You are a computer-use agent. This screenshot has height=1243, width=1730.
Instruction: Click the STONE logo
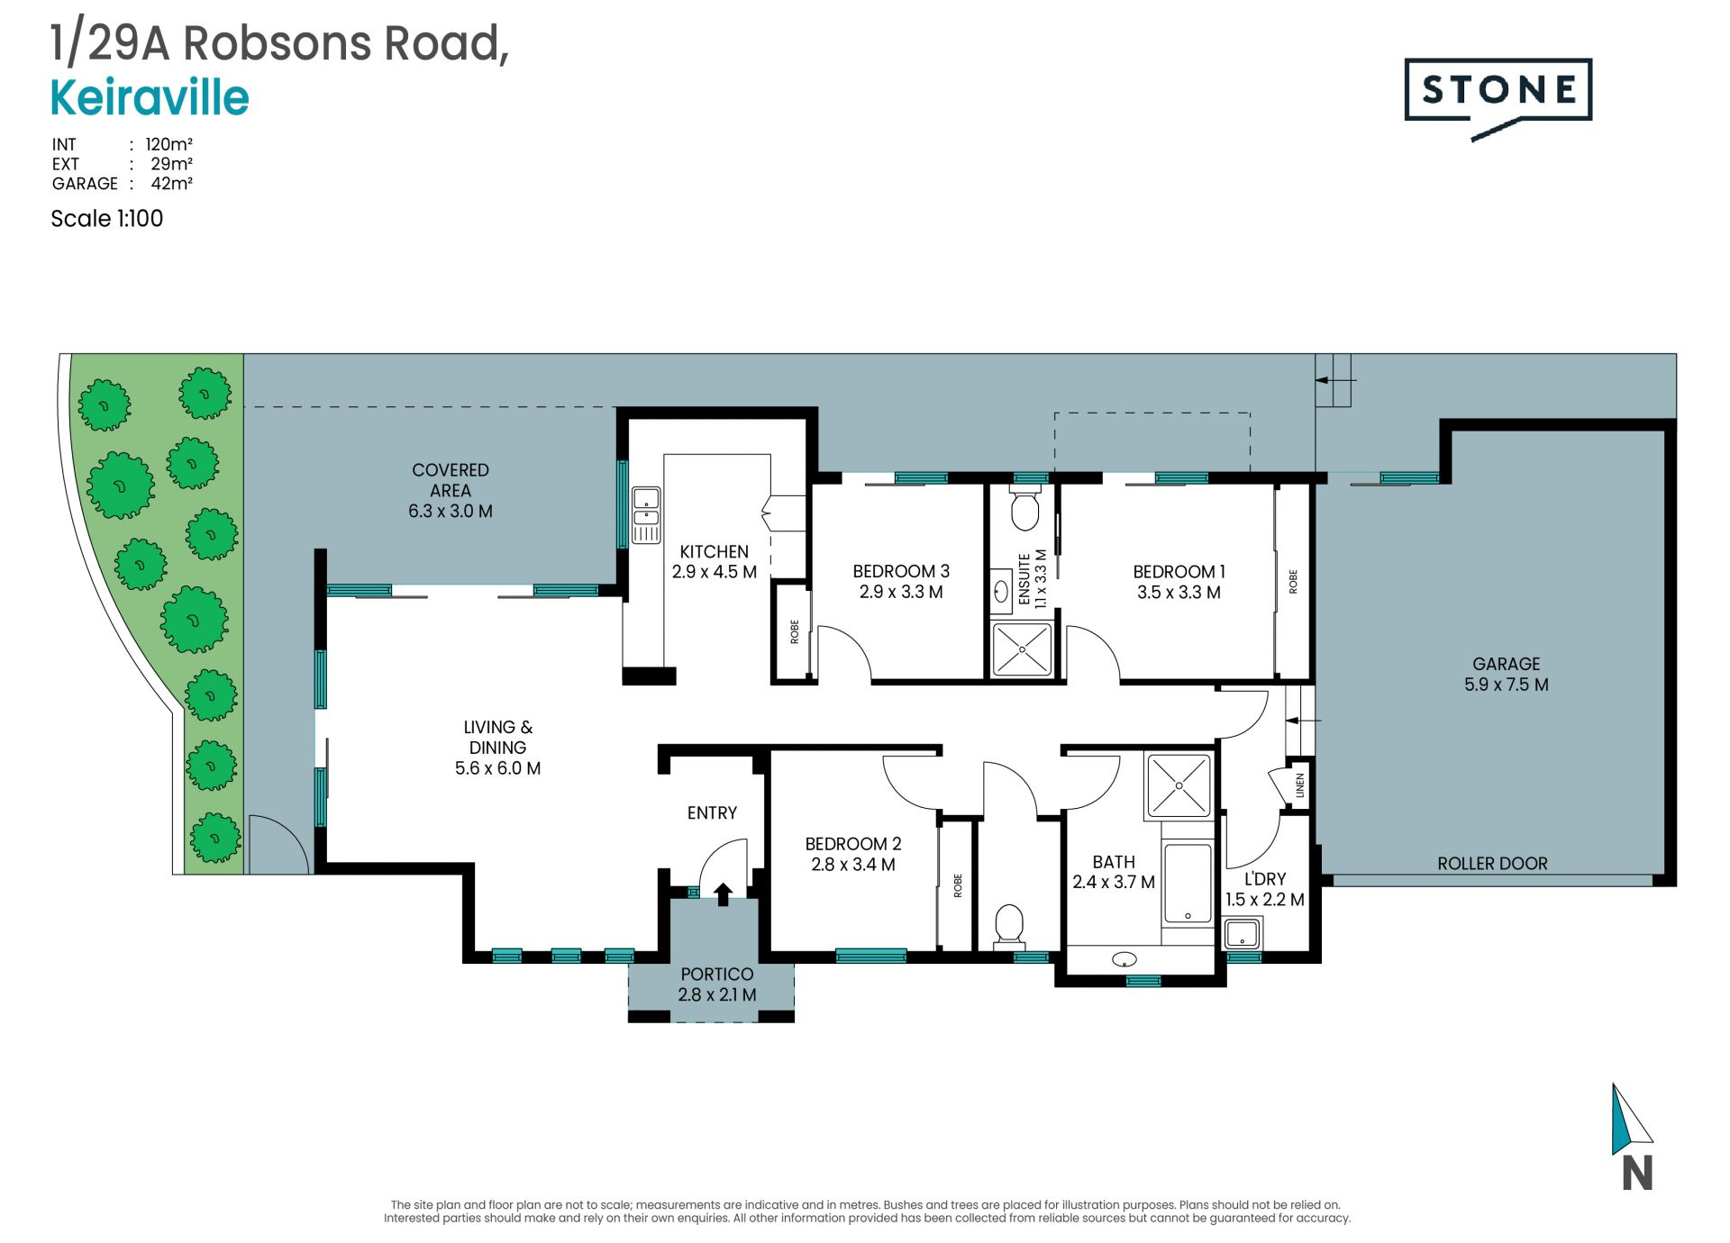click(1498, 97)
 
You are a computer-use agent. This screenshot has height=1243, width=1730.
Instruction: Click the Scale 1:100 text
click(107, 219)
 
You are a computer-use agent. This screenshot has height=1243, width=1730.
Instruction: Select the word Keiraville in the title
click(150, 98)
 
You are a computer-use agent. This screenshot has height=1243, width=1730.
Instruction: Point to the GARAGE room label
click(1507, 664)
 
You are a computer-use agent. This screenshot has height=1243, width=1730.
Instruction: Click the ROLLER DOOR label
click(1492, 863)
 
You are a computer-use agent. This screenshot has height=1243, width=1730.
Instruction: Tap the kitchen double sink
click(646, 515)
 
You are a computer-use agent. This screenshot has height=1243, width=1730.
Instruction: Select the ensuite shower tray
click(1022, 649)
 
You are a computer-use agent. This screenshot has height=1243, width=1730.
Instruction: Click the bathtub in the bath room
click(1188, 884)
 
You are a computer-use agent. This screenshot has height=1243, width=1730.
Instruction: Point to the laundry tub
click(1243, 933)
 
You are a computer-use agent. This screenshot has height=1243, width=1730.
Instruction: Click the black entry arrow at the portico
click(723, 894)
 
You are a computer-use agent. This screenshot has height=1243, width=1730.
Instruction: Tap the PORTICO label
click(717, 974)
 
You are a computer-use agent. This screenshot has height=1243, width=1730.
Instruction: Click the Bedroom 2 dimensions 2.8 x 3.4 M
click(853, 865)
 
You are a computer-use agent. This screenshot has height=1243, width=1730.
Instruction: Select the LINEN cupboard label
click(1299, 785)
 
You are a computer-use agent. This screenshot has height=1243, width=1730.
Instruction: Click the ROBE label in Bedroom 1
click(1293, 581)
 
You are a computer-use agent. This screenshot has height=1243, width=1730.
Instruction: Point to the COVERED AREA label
click(451, 480)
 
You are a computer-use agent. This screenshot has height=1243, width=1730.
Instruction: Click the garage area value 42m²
click(171, 183)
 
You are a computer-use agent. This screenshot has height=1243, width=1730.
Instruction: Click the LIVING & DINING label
click(498, 737)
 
